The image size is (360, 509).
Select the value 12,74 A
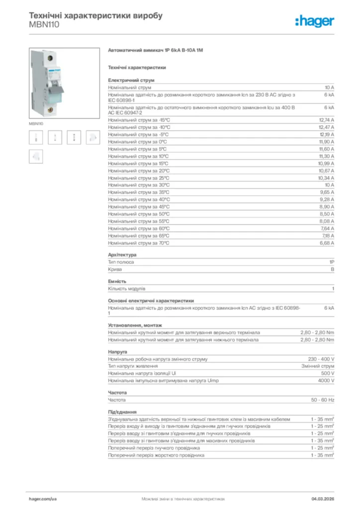pyautogui.click(x=326, y=120)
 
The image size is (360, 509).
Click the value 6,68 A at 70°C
pyautogui.click(x=327, y=243)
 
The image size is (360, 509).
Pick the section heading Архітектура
pyautogui.click(x=122, y=254)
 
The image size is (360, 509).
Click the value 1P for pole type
pyautogui.click(x=331, y=262)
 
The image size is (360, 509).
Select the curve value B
pyautogui.click(x=333, y=269)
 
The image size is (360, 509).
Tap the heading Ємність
pyautogui.click(x=117, y=281)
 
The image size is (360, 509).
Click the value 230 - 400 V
pyautogui.click(x=321, y=359)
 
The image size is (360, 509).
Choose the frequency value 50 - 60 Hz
pyautogui.click(x=323, y=400)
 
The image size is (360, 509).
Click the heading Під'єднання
pyautogui.click(x=122, y=412)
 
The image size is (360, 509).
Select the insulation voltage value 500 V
pyautogui.click(x=328, y=373)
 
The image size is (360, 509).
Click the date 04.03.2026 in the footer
pyautogui.click(x=323, y=498)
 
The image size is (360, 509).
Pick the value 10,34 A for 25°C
pyautogui.click(x=326, y=178)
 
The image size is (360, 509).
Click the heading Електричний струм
pyautogui.click(x=131, y=80)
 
